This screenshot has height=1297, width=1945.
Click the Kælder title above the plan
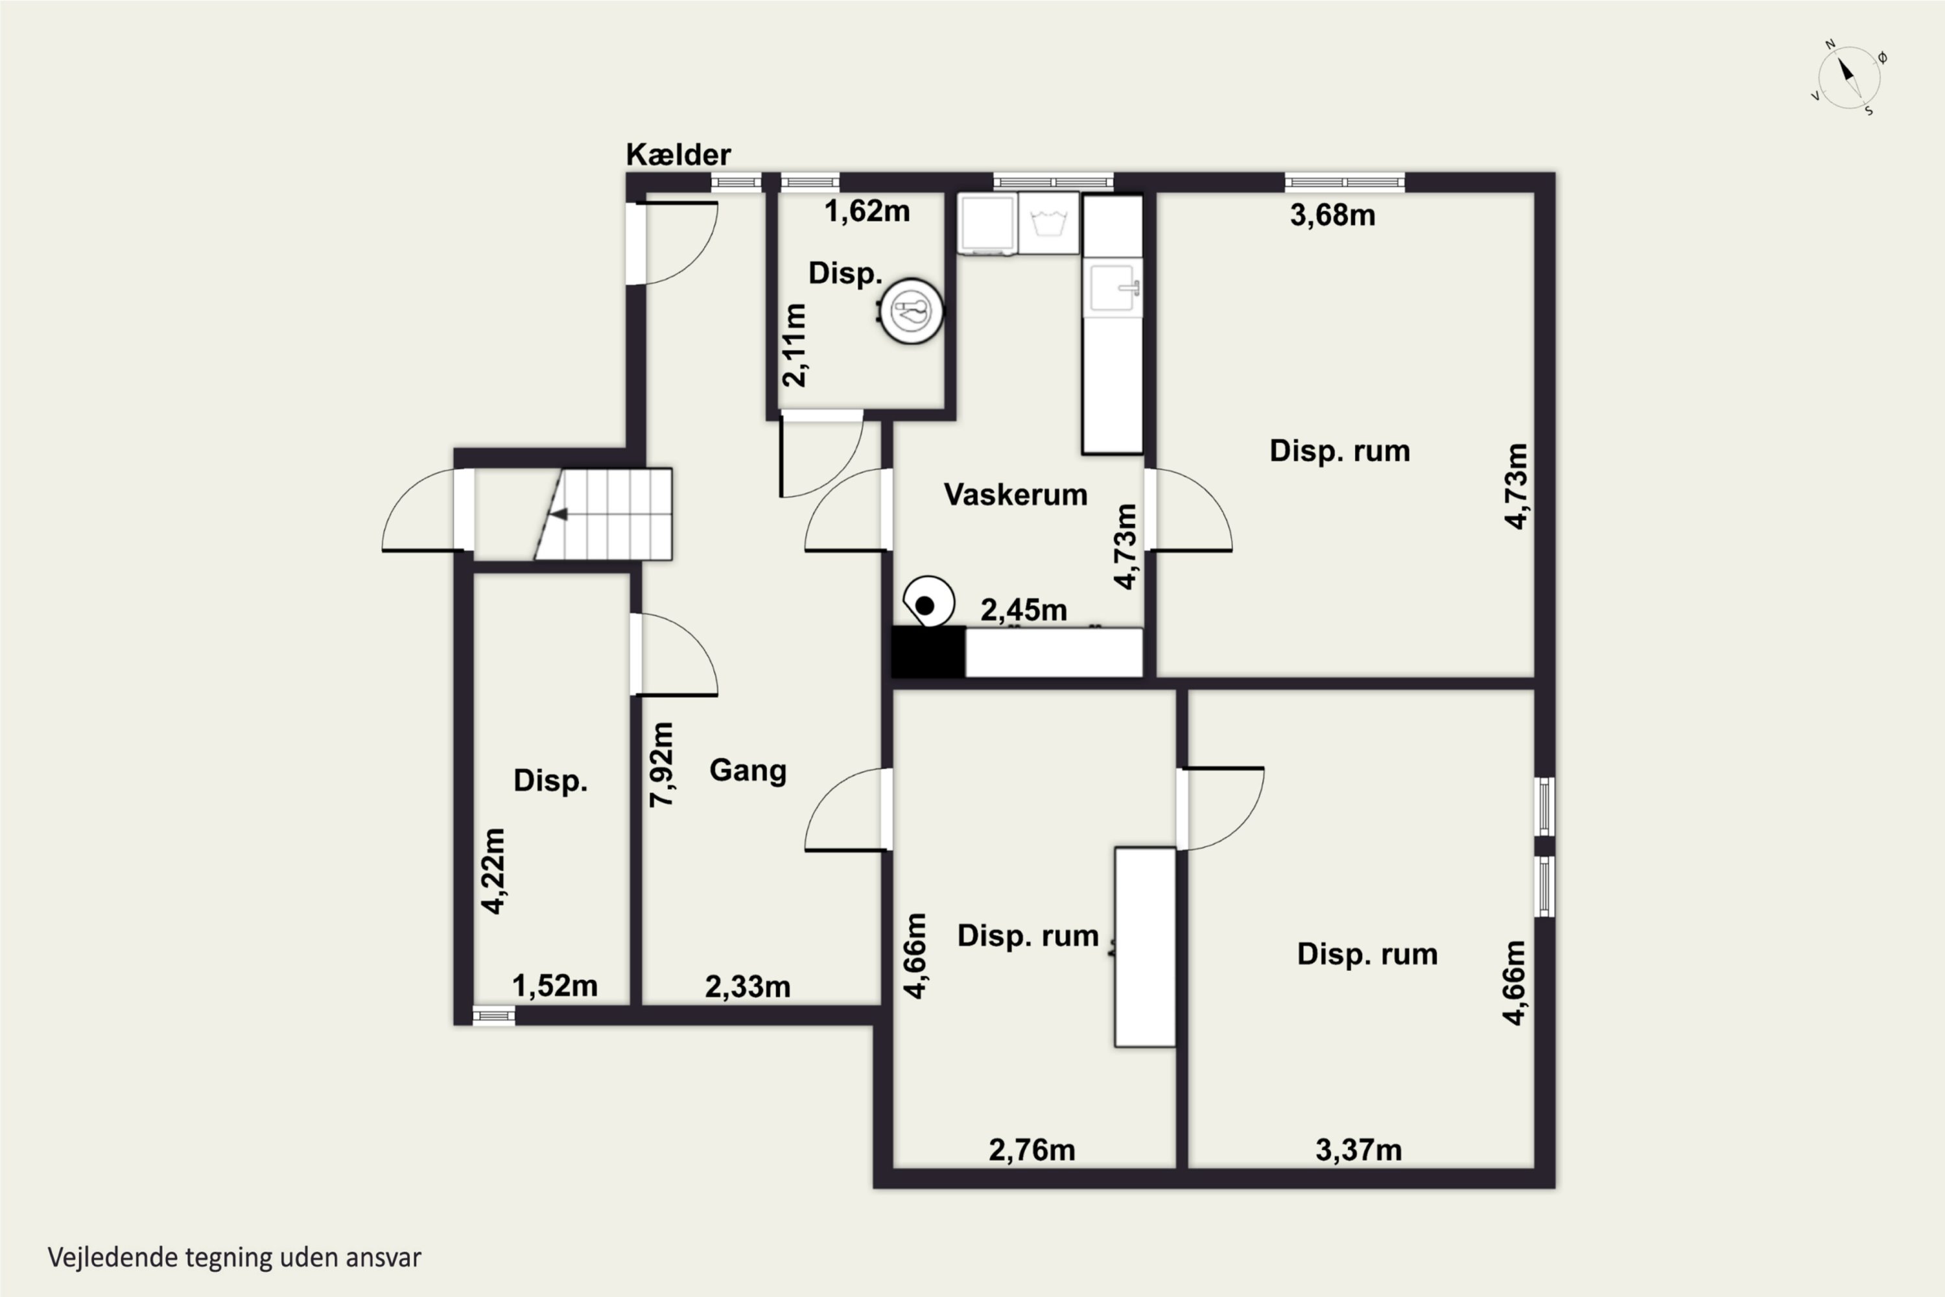click(x=678, y=155)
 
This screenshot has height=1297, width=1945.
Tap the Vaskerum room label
click(x=1015, y=495)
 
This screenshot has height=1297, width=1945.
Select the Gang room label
click(x=748, y=771)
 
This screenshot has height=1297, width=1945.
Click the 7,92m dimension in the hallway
click(x=661, y=765)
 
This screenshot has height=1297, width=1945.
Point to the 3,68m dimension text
click(x=1332, y=216)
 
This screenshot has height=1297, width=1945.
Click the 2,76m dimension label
click(x=1032, y=1150)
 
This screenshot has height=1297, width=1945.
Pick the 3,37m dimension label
click(x=1359, y=1150)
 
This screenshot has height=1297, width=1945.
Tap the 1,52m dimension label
click(x=555, y=986)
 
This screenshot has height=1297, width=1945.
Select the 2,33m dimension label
click(x=748, y=987)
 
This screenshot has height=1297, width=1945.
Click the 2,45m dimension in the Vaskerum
click(x=1024, y=610)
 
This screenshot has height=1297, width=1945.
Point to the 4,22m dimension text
click(x=493, y=871)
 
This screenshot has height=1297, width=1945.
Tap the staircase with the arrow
click(x=603, y=514)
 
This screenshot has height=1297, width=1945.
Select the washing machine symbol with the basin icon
click(x=1048, y=223)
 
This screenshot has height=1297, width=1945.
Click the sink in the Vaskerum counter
click(x=1113, y=288)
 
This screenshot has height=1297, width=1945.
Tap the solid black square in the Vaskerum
click(x=928, y=652)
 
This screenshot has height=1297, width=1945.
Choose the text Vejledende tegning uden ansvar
click(x=235, y=1258)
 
